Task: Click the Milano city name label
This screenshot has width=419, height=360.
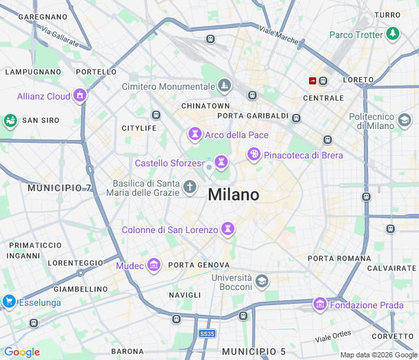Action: [233, 195]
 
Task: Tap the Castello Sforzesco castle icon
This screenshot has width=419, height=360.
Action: [221, 161]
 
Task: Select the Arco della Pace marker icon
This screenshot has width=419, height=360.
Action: [194, 135]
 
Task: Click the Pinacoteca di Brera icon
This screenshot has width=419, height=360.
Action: [254, 154]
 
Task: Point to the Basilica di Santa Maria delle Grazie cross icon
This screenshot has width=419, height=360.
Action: [190, 188]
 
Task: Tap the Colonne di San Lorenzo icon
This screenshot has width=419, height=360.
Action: [228, 229]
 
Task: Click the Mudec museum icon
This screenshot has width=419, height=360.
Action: [154, 265]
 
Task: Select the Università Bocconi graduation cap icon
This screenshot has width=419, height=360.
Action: [262, 281]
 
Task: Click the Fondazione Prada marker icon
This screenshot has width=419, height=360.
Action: [320, 304]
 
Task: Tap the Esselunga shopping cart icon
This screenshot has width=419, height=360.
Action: [9, 302]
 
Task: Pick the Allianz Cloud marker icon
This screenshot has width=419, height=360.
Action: [80, 96]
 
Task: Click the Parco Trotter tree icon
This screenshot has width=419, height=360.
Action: [393, 33]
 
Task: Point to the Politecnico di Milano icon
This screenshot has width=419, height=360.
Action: [405, 120]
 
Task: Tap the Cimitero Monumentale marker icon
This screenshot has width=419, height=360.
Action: [225, 86]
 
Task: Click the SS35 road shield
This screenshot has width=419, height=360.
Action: [207, 334]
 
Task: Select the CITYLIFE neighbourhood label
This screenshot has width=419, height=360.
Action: [139, 128]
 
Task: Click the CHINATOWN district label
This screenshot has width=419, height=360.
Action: [206, 105]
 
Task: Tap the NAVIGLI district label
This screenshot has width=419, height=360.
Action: [185, 295]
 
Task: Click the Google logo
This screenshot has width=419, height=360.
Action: [22, 352]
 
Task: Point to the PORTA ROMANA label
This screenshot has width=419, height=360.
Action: [339, 259]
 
